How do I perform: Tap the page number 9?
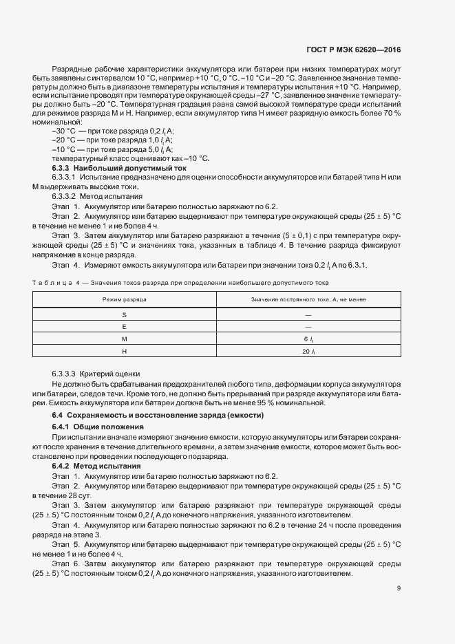pos(399,588)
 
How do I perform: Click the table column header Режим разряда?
pos(125,300)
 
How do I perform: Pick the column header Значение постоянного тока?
pos(308,300)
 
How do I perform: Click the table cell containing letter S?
pos(125,314)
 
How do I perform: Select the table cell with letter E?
pos(125,326)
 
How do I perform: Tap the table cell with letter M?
pos(125,339)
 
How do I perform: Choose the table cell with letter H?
pos(125,352)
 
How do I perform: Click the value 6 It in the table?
pos(308,339)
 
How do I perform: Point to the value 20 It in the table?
pos(308,352)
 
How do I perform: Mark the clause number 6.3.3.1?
pos(63,178)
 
